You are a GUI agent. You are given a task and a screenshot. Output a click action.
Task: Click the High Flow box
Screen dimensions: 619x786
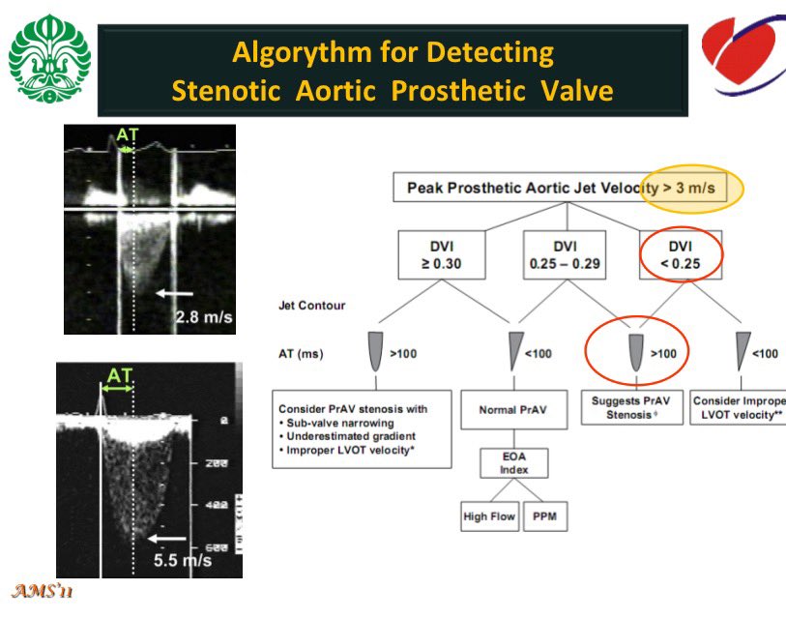(489, 516)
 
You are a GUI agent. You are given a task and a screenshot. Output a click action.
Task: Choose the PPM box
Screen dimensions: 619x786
(545, 516)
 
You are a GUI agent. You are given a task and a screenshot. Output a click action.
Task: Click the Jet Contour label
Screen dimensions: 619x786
(310, 306)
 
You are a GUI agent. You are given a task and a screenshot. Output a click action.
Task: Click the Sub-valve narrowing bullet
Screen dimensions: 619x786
(334, 423)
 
